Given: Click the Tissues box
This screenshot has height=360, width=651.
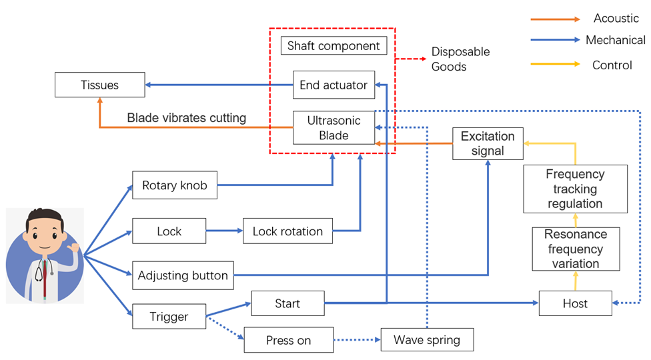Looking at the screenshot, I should [99, 85].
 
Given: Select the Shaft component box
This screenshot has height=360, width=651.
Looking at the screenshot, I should [333, 46].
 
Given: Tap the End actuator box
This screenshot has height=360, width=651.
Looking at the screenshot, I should [333, 85].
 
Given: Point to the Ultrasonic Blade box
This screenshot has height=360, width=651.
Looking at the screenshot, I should [333, 127].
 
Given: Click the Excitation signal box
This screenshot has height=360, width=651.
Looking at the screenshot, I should [487, 143].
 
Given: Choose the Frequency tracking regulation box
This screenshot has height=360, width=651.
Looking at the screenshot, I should [574, 189].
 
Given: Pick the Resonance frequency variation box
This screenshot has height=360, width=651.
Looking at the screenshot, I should [575, 249].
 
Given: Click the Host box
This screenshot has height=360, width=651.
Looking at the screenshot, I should [574, 304].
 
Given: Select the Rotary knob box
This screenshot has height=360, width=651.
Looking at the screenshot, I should [174, 185].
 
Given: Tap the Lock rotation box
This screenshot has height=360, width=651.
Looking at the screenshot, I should [287, 231].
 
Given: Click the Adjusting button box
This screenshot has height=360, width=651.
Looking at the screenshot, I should [182, 275].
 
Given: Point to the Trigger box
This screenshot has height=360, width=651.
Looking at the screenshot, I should [169, 317].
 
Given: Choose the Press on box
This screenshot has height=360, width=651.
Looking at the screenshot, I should [288, 340].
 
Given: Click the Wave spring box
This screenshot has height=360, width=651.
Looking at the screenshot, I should [426, 340].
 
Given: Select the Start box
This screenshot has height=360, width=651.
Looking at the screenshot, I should [287, 303].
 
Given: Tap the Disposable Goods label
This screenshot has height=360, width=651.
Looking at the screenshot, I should [460, 59].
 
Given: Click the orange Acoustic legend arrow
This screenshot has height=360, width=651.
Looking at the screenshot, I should [556, 19].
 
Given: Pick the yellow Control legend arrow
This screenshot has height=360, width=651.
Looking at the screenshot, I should [556, 65].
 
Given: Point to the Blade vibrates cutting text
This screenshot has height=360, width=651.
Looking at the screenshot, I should [187, 118].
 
